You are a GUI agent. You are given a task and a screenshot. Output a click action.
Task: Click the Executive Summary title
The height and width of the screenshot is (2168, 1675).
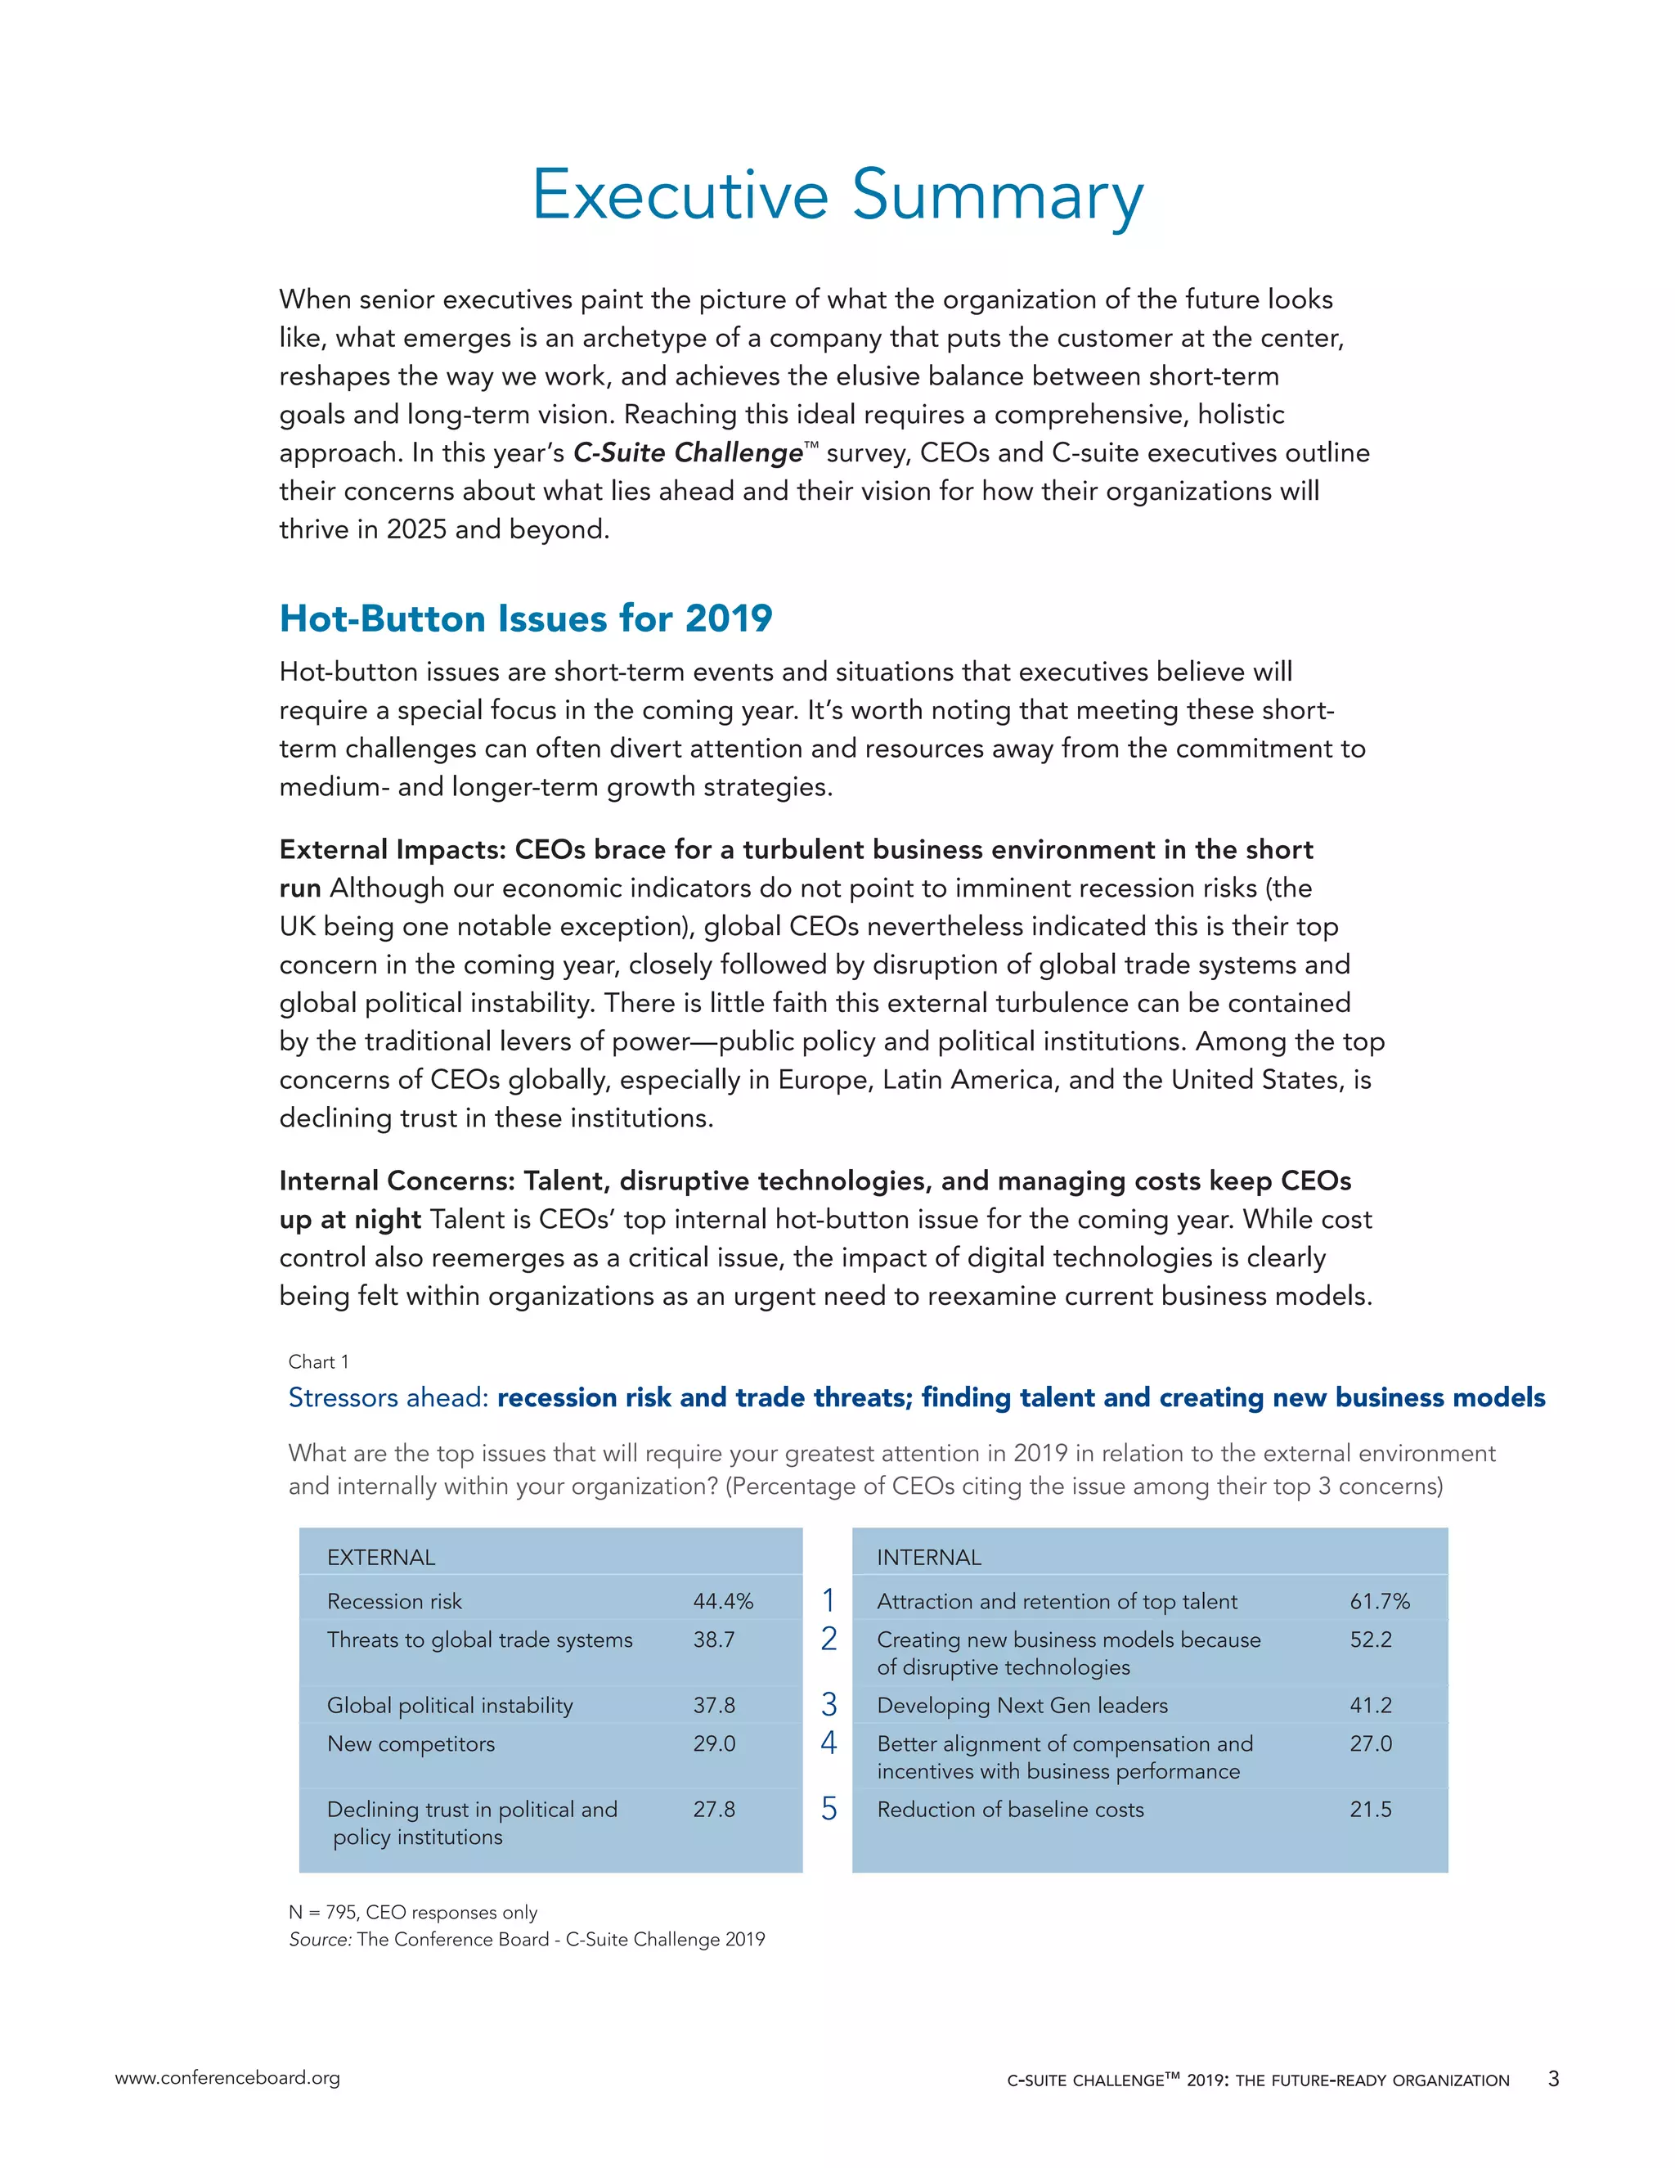click(x=837, y=196)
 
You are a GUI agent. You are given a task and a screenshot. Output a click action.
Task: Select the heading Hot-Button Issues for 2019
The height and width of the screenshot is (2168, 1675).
click(x=525, y=618)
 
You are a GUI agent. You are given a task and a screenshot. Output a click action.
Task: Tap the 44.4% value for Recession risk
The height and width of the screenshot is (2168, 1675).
click(x=722, y=1601)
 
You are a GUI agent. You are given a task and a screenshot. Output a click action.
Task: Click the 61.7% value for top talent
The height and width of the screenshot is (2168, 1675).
click(x=1378, y=1601)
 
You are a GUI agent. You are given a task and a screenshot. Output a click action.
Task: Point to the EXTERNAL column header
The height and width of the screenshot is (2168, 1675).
click(x=381, y=1558)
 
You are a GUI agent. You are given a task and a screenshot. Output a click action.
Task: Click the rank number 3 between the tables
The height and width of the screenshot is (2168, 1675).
click(x=829, y=1704)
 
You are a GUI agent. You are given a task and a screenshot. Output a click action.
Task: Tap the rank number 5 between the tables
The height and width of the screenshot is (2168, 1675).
click(x=829, y=1809)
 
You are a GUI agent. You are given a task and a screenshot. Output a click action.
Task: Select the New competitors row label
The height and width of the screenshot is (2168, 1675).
click(x=410, y=1744)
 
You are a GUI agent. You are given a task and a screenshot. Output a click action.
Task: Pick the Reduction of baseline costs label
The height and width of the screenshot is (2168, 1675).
click(x=1009, y=1810)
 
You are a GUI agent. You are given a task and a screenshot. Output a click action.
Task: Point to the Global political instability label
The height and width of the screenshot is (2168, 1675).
click(x=450, y=1706)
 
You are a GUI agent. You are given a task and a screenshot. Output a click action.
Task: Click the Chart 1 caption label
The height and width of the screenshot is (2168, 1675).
click(x=317, y=1362)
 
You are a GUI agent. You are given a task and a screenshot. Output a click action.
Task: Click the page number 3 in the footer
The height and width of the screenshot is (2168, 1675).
click(x=1553, y=2078)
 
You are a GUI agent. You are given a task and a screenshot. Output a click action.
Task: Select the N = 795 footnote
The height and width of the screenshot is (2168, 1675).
click(x=412, y=1912)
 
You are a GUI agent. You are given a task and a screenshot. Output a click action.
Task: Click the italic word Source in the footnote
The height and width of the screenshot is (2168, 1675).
click(x=320, y=1939)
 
